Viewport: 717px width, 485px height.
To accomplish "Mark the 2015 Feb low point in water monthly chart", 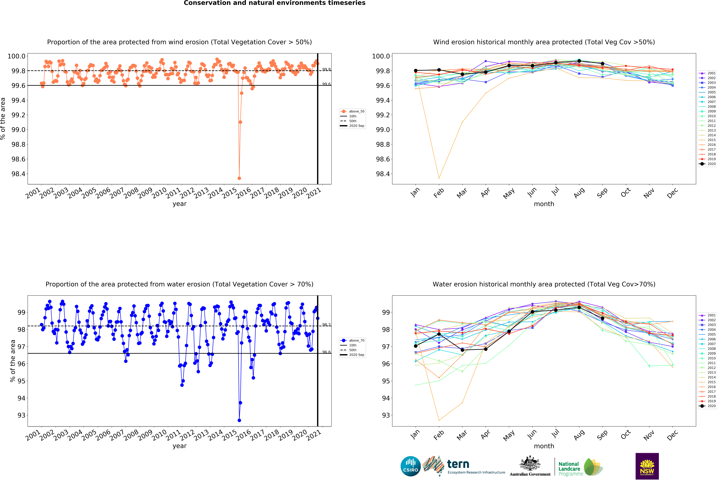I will coord(439,420).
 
